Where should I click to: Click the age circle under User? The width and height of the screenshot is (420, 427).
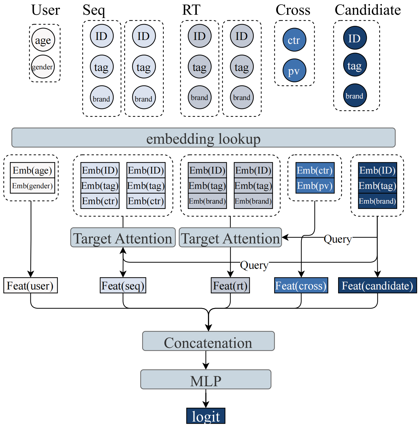(x=43, y=40)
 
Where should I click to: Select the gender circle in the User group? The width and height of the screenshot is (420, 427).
(x=43, y=67)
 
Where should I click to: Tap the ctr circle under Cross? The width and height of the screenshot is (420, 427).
(x=294, y=40)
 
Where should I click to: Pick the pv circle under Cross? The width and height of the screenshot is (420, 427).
(x=294, y=71)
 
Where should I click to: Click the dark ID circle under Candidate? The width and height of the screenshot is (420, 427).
(x=355, y=38)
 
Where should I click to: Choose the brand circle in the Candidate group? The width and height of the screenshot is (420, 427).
(x=355, y=96)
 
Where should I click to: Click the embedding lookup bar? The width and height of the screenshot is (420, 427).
(x=203, y=138)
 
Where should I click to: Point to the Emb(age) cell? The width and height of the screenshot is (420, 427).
(x=32, y=171)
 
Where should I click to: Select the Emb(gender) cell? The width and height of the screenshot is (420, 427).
(x=32, y=186)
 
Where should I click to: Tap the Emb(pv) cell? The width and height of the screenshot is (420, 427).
(x=315, y=186)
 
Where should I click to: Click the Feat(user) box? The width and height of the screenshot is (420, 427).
(x=30, y=286)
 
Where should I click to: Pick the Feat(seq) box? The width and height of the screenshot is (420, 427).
(x=123, y=286)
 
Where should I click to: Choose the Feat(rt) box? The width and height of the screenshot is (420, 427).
(x=230, y=286)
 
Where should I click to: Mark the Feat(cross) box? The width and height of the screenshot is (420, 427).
(x=301, y=286)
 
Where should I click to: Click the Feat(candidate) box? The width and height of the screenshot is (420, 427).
(x=377, y=286)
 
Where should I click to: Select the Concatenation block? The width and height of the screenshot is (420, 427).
(x=208, y=341)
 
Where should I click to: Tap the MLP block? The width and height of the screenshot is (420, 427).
(x=206, y=380)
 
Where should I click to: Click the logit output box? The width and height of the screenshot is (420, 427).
(x=206, y=416)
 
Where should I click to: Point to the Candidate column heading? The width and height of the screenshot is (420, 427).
(x=368, y=10)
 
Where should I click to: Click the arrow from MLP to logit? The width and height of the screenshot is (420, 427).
(x=206, y=399)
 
